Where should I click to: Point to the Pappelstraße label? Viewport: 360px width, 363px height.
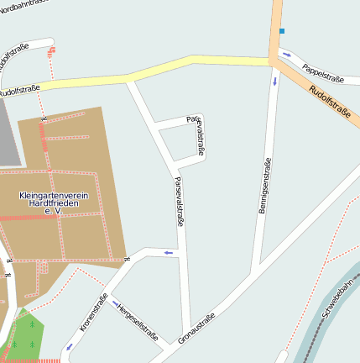(x=323, y=74)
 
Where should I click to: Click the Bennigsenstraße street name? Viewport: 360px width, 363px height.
(x=265, y=186)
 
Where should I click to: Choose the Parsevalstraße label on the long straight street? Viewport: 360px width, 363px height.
(x=179, y=202)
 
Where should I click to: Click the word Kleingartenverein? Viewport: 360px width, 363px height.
(x=53, y=196)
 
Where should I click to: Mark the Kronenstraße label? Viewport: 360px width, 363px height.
(x=93, y=313)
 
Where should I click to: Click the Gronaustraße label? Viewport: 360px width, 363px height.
(x=196, y=328)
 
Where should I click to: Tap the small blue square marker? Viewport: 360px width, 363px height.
(x=282, y=31)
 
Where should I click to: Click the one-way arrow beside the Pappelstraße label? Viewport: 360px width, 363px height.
(x=287, y=55)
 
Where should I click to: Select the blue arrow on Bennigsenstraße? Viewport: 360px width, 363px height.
(x=274, y=82)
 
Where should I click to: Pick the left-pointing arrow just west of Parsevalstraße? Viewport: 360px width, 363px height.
(x=169, y=252)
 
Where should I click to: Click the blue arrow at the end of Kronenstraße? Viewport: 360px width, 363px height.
(x=69, y=346)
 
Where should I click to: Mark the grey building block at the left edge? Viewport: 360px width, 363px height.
(x=8, y=139)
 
